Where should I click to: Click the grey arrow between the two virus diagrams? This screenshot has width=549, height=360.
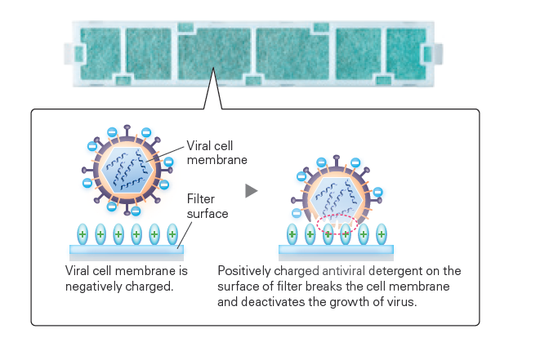(x=252, y=190)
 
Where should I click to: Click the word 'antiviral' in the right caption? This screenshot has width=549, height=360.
(x=333, y=270)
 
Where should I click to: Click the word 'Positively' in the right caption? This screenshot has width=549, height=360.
(x=243, y=270)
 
